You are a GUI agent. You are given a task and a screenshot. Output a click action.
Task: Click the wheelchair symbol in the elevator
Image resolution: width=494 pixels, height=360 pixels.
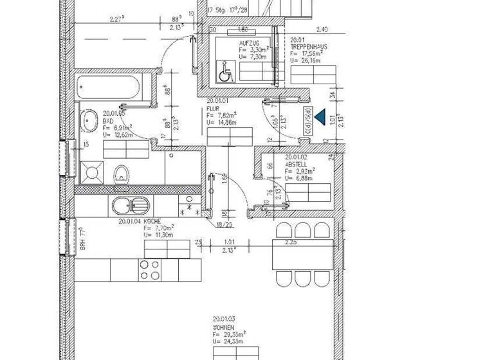tap(226, 73)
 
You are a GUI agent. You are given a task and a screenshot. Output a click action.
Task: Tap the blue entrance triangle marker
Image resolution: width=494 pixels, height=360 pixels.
tap(320, 116)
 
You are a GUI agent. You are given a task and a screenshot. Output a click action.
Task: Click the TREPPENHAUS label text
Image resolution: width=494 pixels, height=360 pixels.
tap(309, 47)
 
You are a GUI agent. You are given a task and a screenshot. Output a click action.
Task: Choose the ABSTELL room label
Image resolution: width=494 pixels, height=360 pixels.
tap(297, 164)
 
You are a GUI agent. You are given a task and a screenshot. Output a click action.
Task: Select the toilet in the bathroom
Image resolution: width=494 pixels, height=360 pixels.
tap(120, 172)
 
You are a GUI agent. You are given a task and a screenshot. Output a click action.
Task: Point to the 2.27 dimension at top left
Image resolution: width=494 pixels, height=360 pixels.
tap(116, 19)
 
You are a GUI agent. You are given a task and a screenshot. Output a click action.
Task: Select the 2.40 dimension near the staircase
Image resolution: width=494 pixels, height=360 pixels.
tap(323, 29)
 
